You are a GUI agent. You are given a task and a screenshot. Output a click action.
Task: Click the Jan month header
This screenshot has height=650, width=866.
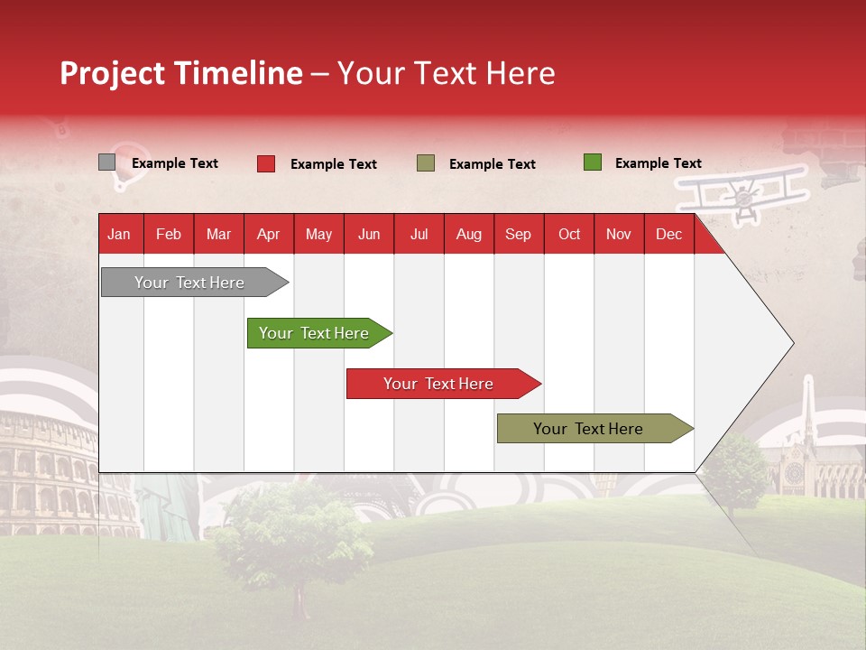coord(119,235)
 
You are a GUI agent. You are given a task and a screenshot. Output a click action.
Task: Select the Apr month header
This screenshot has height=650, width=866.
coord(268,235)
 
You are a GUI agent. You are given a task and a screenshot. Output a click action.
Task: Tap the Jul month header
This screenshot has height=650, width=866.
coord(419,235)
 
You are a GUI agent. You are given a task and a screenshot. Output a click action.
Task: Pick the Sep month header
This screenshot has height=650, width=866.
coord(518,235)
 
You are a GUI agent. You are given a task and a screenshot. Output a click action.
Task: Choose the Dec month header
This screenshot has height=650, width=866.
coord(668,235)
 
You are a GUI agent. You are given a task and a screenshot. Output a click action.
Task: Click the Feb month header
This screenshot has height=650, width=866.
coord(169,235)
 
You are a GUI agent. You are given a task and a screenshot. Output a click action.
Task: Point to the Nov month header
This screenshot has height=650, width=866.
coord(619,235)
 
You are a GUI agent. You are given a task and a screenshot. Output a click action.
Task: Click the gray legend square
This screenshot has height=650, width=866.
coord(106,162)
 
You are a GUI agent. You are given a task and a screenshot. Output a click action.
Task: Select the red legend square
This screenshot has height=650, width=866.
coord(265,163)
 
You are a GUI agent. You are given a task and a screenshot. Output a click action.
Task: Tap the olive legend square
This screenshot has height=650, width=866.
coord(426,163)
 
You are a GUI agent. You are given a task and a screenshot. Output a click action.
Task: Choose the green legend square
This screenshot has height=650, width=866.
coord(592,162)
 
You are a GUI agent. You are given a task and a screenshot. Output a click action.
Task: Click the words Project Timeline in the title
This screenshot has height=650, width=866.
coord(181,73)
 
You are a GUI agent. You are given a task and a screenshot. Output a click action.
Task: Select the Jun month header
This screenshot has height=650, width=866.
coord(369,235)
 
